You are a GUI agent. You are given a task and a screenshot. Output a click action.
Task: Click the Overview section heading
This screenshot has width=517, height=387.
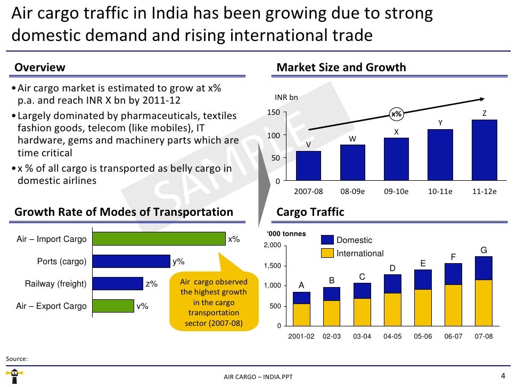click(40, 68)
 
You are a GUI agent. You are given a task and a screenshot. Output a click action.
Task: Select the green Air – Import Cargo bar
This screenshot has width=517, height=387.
click(159, 239)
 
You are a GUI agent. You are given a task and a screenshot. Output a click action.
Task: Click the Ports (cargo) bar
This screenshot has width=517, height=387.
click(131, 261)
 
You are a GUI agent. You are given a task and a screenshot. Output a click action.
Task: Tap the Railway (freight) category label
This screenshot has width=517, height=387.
click(55, 284)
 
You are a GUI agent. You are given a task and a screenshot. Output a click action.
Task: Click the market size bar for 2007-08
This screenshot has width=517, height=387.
click(308, 166)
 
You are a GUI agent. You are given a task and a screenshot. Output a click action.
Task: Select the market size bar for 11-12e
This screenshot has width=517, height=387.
click(484, 150)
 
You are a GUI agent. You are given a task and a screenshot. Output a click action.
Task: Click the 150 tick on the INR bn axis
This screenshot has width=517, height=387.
click(273, 113)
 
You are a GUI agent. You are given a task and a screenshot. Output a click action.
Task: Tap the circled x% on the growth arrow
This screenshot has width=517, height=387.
click(396, 114)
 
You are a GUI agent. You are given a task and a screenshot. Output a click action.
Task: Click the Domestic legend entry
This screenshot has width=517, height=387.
click(354, 240)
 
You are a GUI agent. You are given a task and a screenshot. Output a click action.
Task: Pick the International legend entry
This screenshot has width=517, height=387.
click(360, 254)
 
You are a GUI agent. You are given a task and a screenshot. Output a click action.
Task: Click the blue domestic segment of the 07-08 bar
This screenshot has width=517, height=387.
click(483, 268)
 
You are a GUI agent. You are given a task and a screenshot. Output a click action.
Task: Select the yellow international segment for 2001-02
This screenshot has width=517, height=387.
click(301, 315)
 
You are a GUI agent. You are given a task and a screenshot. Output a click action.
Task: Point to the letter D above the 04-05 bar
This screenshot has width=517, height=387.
click(392, 268)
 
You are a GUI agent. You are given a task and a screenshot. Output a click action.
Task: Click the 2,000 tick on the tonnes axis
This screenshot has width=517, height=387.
click(272, 245)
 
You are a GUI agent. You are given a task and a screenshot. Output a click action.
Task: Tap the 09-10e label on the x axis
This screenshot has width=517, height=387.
click(396, 191)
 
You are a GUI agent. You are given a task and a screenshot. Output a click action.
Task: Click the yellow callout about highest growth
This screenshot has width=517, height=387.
click(213, 299)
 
